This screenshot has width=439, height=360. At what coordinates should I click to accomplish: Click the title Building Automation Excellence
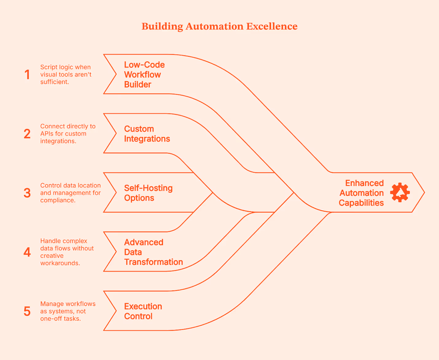click(219, 26)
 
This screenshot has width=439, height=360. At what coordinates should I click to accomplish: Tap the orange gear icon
click(400, 192)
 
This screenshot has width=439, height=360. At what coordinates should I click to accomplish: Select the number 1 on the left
click(27, 75)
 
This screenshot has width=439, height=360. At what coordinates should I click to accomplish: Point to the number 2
click(27, 134)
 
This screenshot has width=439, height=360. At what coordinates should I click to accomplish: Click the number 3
click(27, 193)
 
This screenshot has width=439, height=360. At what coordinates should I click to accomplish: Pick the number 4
click(27, 252)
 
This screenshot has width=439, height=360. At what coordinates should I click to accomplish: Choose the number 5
click(27, 311)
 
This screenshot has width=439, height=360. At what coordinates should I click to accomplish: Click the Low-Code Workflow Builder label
click(144, 75)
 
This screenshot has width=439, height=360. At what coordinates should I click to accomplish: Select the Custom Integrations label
click(147, 134)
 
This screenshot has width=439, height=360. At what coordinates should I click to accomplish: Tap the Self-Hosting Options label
click(148, 193)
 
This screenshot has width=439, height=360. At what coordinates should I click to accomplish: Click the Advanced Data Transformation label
click(153, 252)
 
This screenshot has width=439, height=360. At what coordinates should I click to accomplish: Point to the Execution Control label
click(143, 311)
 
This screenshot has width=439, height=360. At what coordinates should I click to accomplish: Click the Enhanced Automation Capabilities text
click(361, 193)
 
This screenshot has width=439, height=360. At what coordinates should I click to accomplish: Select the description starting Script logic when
click(66, 75)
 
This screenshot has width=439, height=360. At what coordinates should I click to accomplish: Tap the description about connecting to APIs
click(68, 134)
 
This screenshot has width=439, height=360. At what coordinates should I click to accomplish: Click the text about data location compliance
click(70, 193)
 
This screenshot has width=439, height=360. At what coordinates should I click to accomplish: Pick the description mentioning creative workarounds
click(67, 252)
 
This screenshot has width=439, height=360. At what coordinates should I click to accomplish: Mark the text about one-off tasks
click(68, 311)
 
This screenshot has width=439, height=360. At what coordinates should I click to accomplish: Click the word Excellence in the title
click(272, 26)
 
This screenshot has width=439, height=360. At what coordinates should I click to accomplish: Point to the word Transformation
click(153, 262)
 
